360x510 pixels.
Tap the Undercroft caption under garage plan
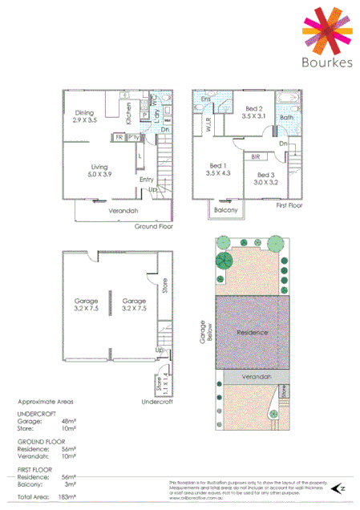click(x=157, y=401)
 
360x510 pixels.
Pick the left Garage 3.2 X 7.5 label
click(x=80, y=305)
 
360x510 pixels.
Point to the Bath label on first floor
click(x=286, y=117)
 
